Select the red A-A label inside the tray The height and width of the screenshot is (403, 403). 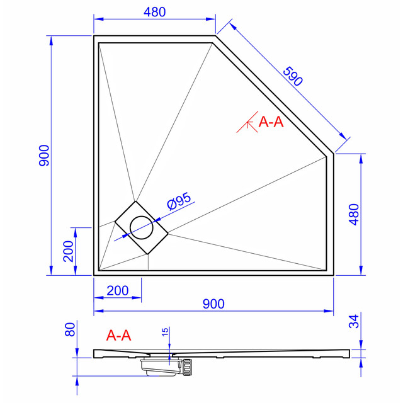click(271, 122)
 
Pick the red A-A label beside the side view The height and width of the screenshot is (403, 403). click(119, 336)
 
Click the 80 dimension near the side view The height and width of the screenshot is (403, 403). click(71, 329)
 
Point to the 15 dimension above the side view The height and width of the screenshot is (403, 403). click(164, 332)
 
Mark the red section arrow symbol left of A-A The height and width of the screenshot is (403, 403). click(246, 124)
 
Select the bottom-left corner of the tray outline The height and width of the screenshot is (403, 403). click(94, 275)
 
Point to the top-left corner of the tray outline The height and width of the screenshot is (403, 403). click(94, 36)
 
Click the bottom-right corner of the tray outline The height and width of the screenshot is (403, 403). click(333, 275)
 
